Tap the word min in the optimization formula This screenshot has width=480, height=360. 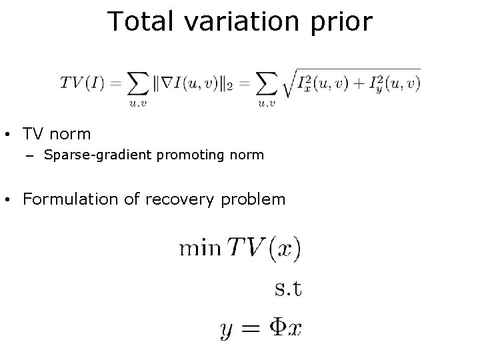[x=199, y=249]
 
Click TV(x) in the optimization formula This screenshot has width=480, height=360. [x=263, y=250]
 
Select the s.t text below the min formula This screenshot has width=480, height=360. [x=288, y=289]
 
